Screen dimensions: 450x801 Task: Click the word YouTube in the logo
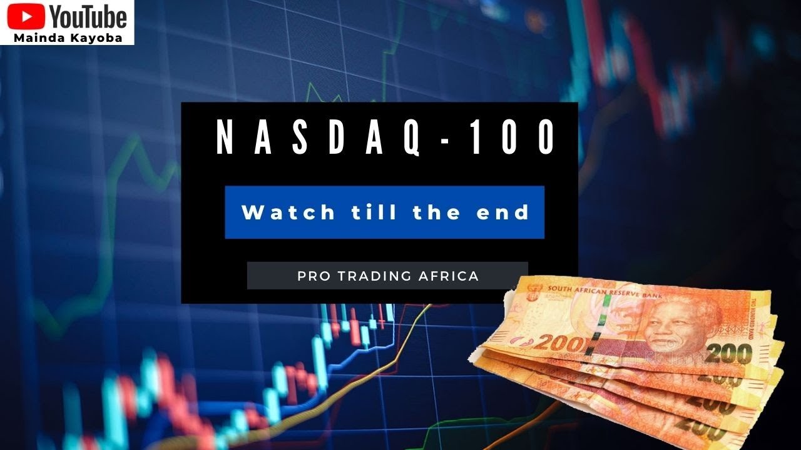(88, 17)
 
